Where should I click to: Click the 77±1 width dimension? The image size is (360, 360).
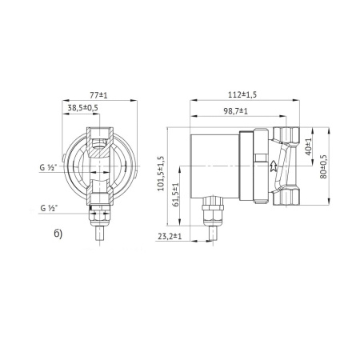(x=100, y=94)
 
